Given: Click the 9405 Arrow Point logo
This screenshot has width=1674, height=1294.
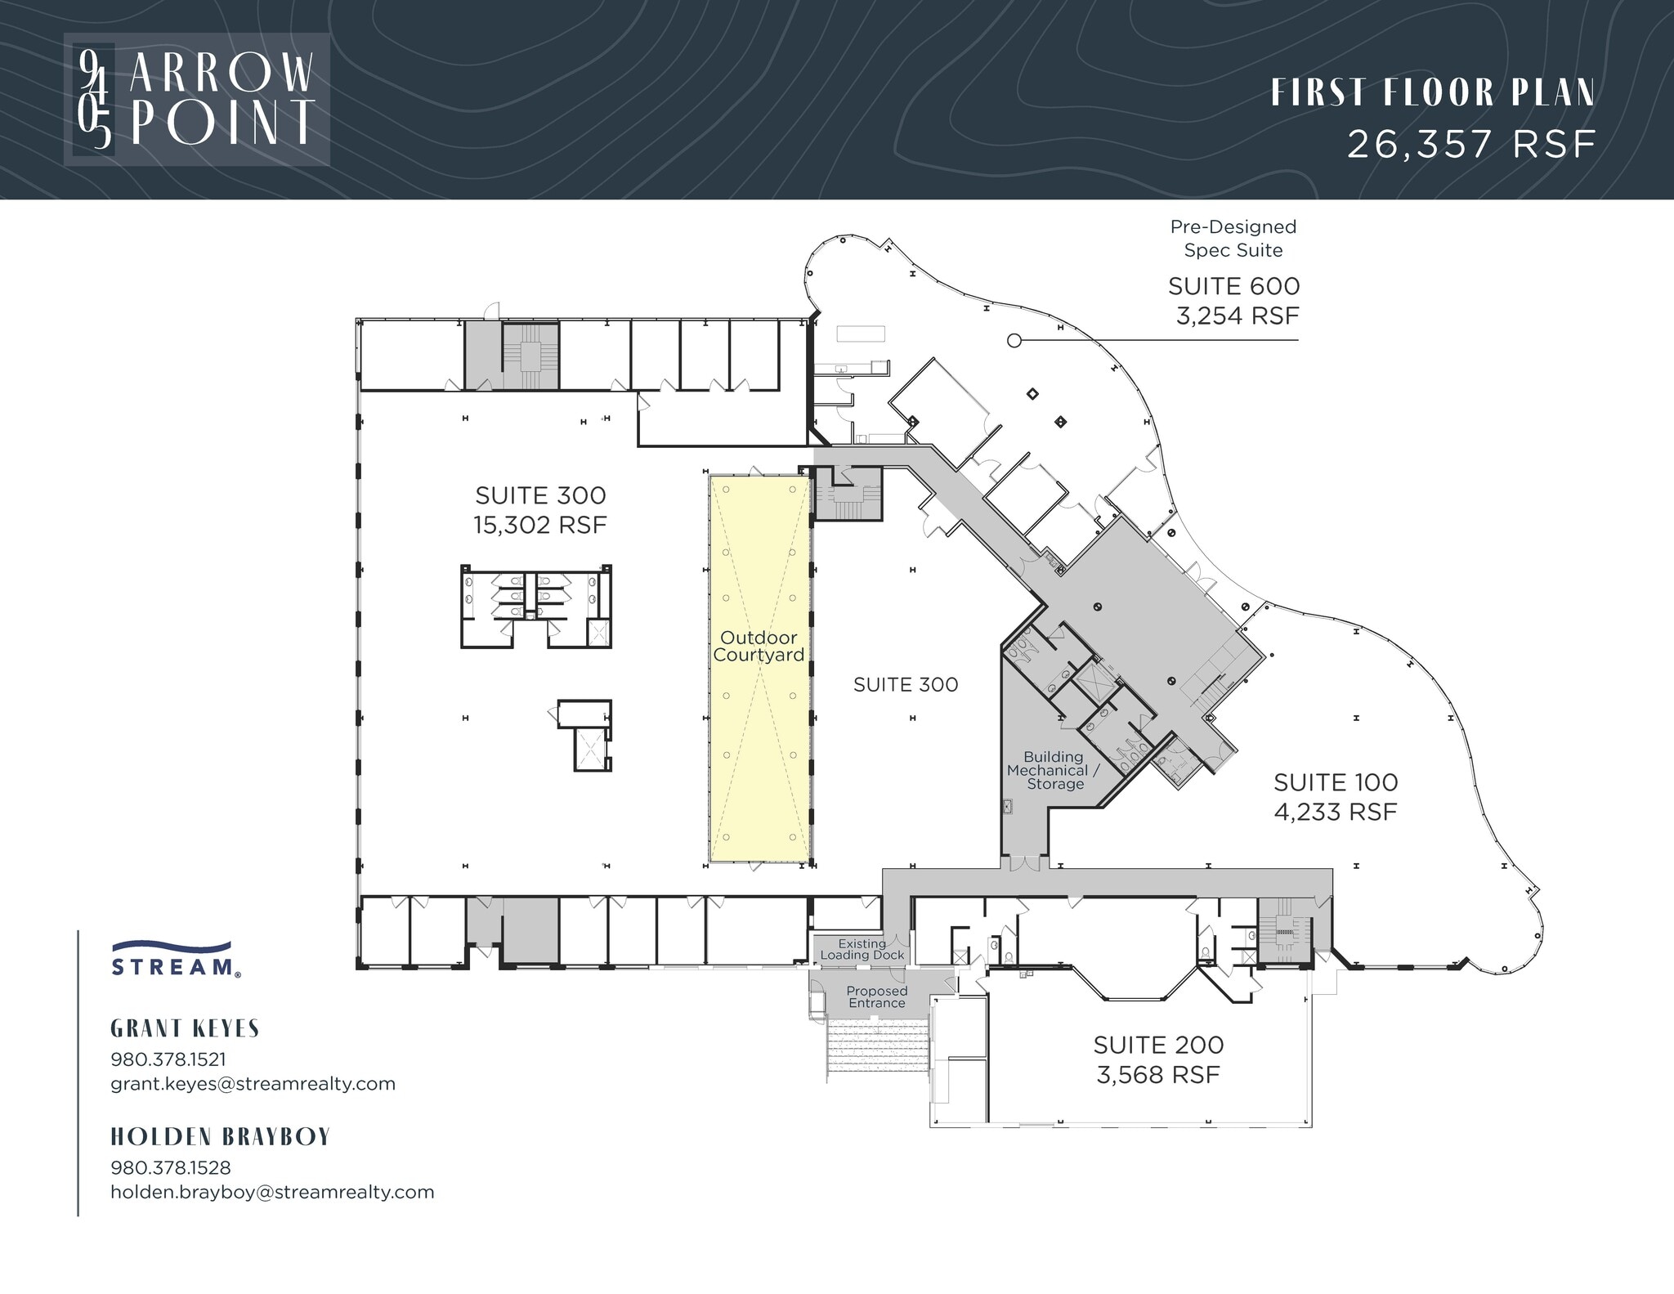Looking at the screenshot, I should click(197, 99).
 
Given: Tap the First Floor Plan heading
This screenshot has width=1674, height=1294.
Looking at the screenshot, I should click(1432, 93).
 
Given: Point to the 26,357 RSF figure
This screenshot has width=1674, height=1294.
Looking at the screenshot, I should click(1470, 145).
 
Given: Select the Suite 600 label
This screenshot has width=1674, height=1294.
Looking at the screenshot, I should click(1233, 286).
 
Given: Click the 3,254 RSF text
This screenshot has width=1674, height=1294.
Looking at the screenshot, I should click(1237, 316).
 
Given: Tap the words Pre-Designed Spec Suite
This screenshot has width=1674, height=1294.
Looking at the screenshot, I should click(1233, 238).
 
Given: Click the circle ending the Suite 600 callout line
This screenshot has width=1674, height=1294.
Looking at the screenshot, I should click(1014, 341).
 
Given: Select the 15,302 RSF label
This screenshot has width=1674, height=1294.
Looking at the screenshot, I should click(540, 525).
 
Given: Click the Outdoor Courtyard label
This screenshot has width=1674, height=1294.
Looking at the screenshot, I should click(759, 647).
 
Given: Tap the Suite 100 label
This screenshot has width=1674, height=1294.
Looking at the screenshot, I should click(1335, 782).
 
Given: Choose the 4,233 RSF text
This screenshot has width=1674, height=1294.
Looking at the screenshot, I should click(1335, 812).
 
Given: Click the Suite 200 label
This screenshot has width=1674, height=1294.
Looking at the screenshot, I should click(1158, 1045).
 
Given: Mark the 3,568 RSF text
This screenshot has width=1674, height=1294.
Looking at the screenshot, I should click(1157, 1074).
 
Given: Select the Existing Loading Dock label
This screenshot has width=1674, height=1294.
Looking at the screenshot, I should click(862, 949).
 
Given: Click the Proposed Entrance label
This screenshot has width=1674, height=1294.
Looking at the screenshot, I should click(876, 997).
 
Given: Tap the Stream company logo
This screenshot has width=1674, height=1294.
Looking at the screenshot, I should click(176, 959).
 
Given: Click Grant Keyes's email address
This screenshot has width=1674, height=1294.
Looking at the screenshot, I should click(253, 1084).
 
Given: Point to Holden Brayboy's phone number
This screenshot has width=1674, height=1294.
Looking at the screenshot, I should click(170, 1167).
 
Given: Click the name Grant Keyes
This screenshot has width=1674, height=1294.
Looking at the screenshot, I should click(185, 1028).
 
